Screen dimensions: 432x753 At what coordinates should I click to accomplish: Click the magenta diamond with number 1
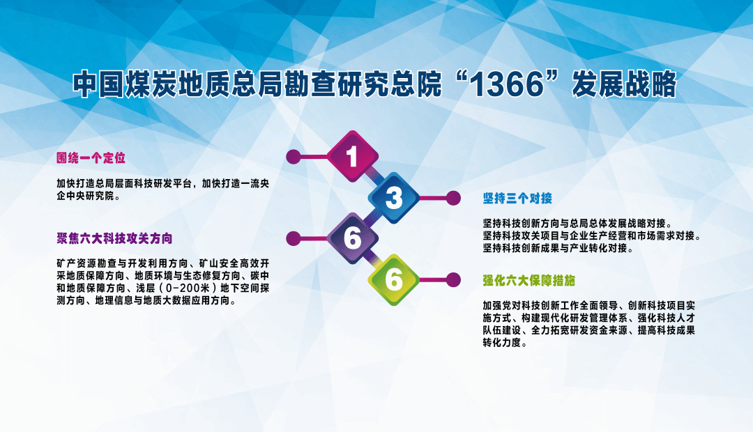point(352,156)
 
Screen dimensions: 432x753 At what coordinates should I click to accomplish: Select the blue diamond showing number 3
point(394,198)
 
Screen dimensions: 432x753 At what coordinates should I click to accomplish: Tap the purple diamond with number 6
point(352,238)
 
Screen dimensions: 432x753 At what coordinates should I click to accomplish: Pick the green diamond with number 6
point(394,279)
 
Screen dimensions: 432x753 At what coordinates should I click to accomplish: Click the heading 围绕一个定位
point(91,158)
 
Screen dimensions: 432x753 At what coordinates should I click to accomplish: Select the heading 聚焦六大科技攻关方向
point(114,238)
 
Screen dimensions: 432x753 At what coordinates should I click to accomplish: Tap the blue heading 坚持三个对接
point(517,198)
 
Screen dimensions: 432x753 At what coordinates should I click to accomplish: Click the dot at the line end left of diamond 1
point(294,156)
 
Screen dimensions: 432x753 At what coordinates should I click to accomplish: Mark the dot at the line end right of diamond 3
point(453,198)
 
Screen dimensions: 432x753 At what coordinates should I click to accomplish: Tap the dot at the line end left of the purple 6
point(294,238)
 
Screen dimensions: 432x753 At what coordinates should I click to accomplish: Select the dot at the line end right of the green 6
point(453,279)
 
